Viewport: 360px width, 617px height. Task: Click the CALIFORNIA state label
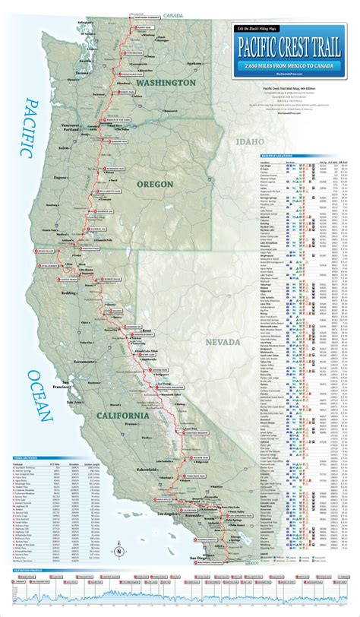(122, 415)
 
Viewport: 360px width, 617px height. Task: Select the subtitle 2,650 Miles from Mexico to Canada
(285, 69)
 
